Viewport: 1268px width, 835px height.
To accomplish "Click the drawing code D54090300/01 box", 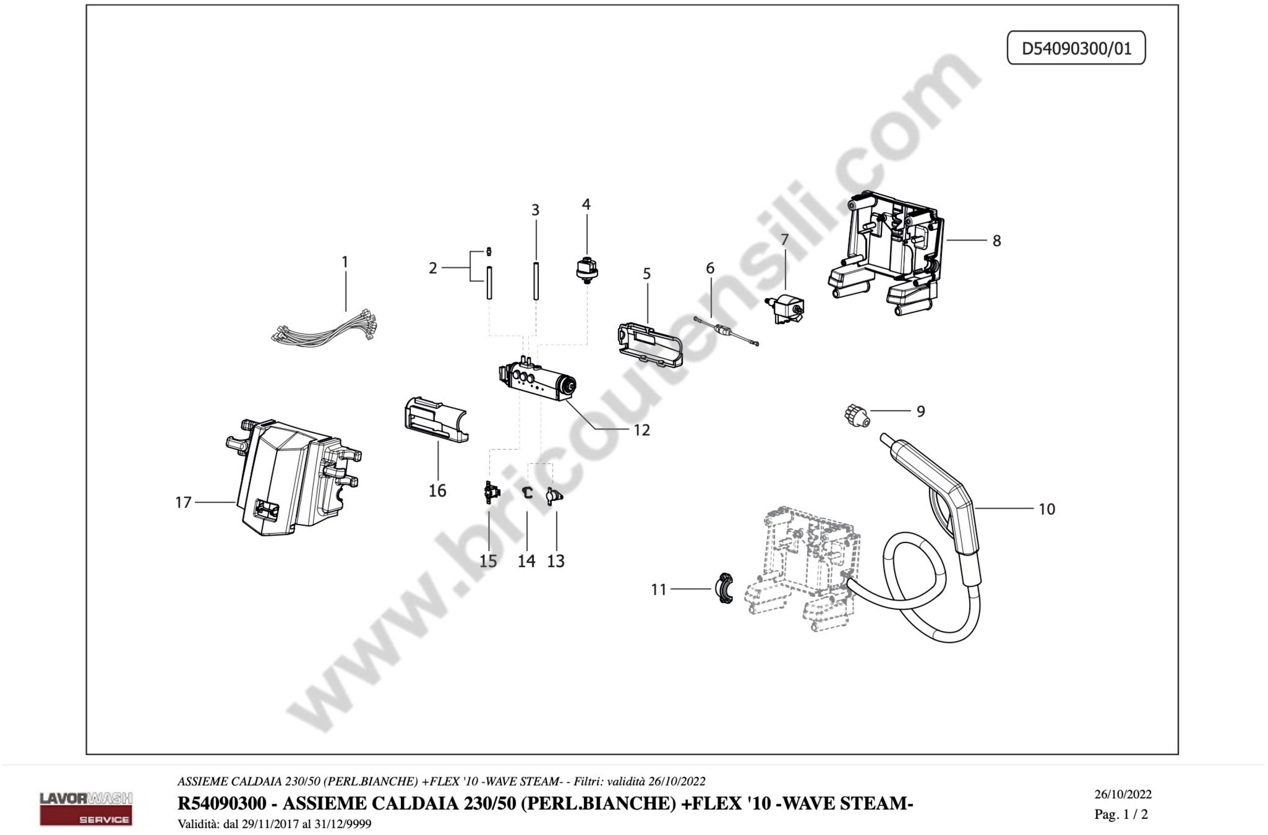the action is pos(1076,48).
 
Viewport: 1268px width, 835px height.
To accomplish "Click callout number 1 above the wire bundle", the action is pos(345,262).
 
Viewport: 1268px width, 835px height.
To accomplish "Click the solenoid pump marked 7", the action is pos(785,309).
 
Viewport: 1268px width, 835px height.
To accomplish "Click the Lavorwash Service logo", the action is pos(86,808).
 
